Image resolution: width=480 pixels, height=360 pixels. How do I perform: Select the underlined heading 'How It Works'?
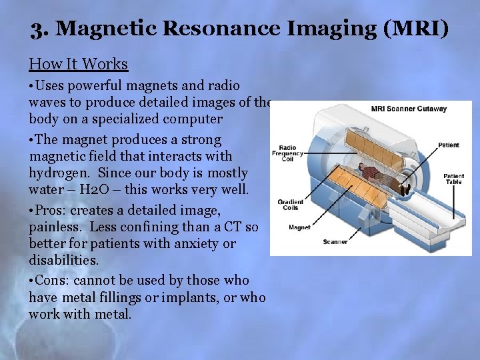78,64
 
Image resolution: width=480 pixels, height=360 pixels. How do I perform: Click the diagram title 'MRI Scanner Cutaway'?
409,109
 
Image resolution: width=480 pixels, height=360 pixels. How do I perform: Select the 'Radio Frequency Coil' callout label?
287,153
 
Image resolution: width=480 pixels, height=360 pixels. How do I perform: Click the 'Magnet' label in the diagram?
299,227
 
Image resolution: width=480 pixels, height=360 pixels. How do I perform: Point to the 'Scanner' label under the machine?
335,242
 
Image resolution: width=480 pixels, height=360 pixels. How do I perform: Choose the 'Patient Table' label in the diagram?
453,180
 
